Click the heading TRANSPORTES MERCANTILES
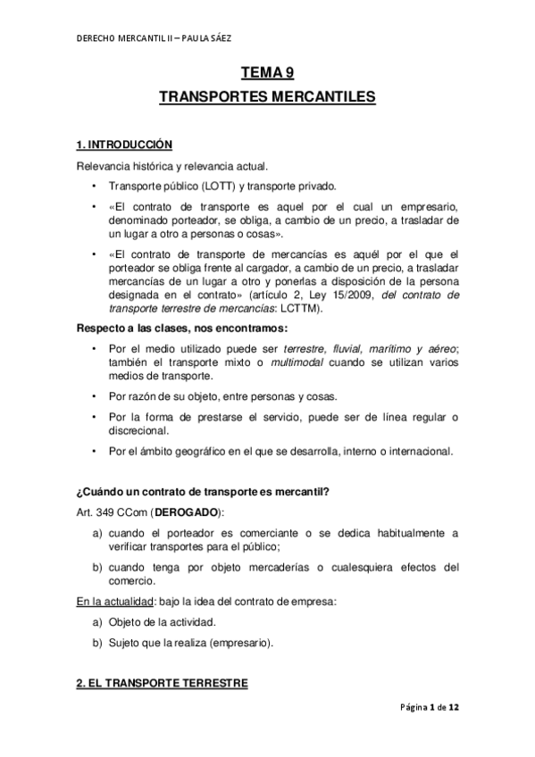pyautogui.click(x=267, y=97)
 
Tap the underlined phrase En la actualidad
pyautogui.click(x=112, y=602)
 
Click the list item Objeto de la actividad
pyautogui.click(x=165, y=621)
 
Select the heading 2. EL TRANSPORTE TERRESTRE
pyautogui.click(x=161, y=685)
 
